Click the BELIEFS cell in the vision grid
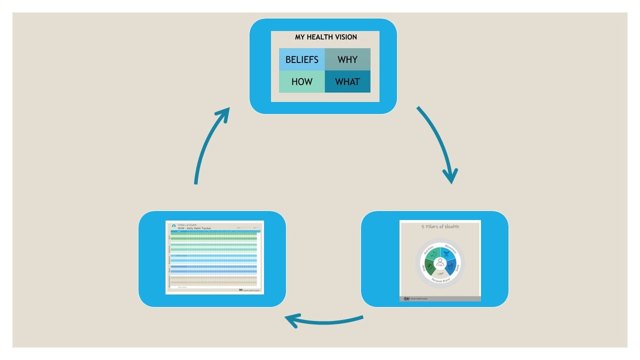tap(301, 59)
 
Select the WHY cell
tap(347, 59)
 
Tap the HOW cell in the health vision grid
tap(301, 81)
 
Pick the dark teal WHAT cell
tap(347, 81)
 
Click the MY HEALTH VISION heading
tap(325, 37)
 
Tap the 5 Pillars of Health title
tap(440, 226)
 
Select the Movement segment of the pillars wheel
tap(449, 252)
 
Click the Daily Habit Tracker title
tap(194, 228)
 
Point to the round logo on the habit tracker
tap(173, 226)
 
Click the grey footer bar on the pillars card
tap(440, 298)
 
